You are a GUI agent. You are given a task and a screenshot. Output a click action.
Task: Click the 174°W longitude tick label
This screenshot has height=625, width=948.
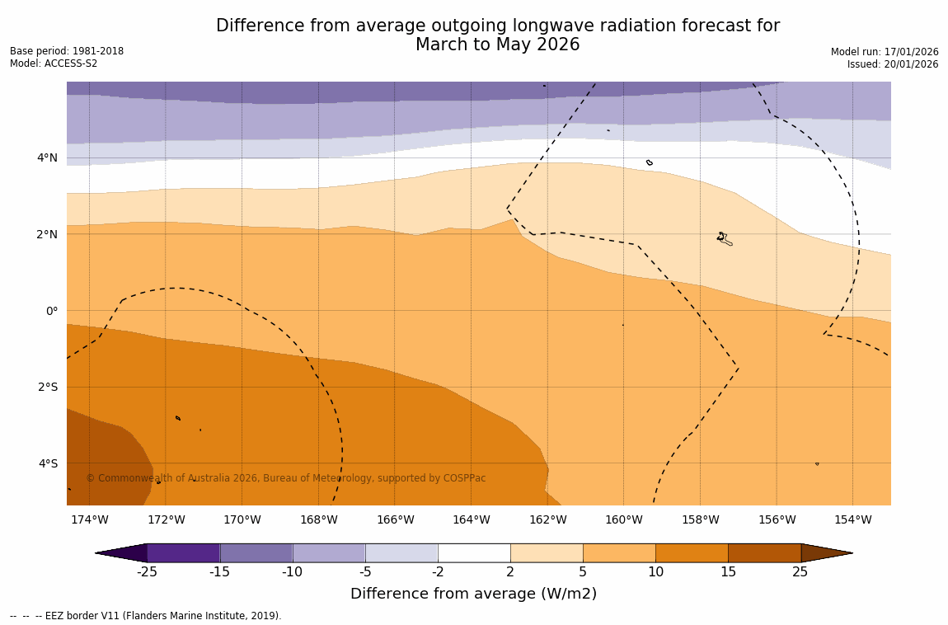[x=89, y=519]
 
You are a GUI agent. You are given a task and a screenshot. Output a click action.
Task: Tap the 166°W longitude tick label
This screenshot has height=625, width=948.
[x=395, y=519]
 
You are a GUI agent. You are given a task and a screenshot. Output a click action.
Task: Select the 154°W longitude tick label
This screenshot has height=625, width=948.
[x=852, y=519]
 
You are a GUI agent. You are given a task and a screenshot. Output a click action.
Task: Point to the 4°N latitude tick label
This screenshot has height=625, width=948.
[x=48, y=157]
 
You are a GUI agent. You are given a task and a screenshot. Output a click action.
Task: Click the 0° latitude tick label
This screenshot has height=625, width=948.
[x=52, y=311]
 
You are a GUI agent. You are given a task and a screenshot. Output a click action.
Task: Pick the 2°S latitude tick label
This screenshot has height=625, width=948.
[x=48, y=387]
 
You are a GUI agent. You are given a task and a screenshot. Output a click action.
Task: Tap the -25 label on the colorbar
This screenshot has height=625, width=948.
[x=147, y=572]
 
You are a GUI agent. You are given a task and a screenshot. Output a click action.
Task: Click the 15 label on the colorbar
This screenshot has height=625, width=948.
[x=728, y=572]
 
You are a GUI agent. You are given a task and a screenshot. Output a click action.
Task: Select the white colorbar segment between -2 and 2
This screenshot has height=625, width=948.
[x=474, y=552]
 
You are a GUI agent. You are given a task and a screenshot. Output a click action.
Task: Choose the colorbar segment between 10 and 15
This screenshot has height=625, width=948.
[x=692, y=552]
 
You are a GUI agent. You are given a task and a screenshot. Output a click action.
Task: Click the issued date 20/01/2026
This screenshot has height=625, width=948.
[x=910, y=64]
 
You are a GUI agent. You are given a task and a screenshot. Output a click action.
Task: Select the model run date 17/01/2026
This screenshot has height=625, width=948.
[x=911, y=52]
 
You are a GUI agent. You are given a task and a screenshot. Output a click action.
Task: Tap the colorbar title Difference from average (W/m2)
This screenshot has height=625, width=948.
[x=473, y=594]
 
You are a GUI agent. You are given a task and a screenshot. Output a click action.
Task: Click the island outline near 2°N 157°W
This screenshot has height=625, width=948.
[x=724, y=239]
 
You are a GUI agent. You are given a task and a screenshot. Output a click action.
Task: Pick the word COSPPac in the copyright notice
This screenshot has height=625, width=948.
[x=465, y=478]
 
